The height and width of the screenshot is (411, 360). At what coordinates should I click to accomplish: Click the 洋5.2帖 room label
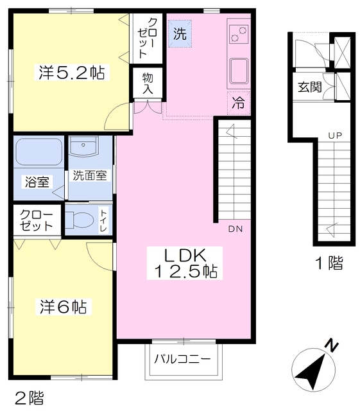click(72, 73)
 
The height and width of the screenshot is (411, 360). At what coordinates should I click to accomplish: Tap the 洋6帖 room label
click(63, 306)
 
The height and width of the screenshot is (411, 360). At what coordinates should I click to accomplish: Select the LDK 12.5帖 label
click(185, 263)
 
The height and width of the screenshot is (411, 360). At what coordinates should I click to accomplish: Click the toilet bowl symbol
click(80, 220)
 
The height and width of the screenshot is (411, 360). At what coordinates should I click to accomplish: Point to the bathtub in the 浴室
click(39, 152)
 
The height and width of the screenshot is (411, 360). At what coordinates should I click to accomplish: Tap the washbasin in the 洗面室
click(83, 146)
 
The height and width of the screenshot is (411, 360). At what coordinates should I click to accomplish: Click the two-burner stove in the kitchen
click(239, 34)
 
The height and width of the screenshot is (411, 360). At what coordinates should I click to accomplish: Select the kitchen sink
click(239, 71)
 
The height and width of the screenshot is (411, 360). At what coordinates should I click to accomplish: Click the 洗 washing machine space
click(180, 34)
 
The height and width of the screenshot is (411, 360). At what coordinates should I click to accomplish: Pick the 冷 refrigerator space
click(239, 103)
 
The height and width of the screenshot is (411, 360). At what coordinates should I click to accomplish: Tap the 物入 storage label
click(148, 83)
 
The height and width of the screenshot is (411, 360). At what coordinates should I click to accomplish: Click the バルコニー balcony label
click(182, 359)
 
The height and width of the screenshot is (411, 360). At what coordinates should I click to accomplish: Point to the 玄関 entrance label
click(310, 87)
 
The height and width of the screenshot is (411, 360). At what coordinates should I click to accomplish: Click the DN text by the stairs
click(236, 229)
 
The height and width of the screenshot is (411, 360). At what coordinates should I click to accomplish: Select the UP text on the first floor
click(335, 136)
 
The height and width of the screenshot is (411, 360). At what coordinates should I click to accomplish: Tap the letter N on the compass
click(331, 346)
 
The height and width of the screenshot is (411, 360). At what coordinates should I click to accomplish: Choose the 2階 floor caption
click(30, 398)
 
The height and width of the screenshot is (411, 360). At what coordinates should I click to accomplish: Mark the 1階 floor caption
click(329, 263)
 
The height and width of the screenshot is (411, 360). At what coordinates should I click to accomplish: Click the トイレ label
click(104, 220)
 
